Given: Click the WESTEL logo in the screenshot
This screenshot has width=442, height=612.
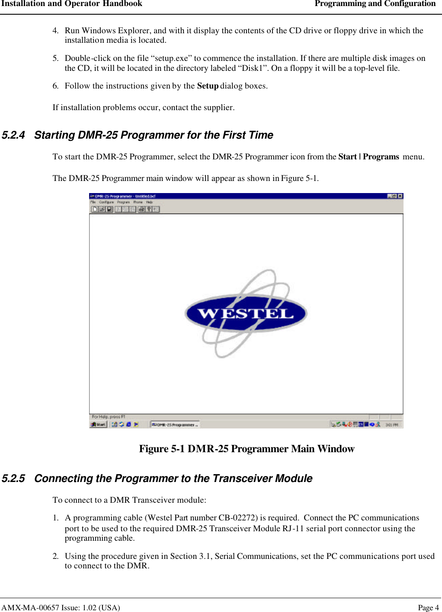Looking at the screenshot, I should [x=246, y=313].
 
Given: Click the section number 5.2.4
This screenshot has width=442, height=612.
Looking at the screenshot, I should [x=13, y=135].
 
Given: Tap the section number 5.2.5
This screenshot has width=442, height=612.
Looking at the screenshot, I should [x=13, y=479].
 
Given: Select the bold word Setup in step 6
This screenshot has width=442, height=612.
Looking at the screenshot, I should [x=208, y=86].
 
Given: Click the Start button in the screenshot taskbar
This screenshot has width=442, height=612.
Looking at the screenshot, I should [x=98, y=424].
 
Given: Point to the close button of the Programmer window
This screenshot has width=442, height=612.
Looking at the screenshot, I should [x=400, y=196].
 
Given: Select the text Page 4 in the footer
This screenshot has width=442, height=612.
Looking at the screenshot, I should [x=428, y=608].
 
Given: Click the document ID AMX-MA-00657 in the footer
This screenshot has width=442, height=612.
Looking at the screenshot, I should [x=30, y=608].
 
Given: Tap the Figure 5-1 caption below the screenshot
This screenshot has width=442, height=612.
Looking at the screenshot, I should [x=247, y=449].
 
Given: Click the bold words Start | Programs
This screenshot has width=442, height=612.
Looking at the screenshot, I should [x=368, y=157].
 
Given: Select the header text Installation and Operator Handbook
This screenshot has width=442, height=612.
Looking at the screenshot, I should [x=72, y=4].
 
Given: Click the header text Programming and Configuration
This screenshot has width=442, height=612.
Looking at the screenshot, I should [x=375, y=4].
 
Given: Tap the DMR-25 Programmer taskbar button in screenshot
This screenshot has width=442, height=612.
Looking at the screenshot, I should [x=175, y=425].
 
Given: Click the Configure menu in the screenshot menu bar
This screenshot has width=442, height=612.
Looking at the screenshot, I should [x=106, y=202].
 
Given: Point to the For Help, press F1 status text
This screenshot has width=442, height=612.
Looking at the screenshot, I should [x=109, y=417].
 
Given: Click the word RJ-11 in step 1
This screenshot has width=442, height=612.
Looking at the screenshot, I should [x=293, y=529].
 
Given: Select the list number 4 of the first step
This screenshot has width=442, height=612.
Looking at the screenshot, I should [x=55, y=31].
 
